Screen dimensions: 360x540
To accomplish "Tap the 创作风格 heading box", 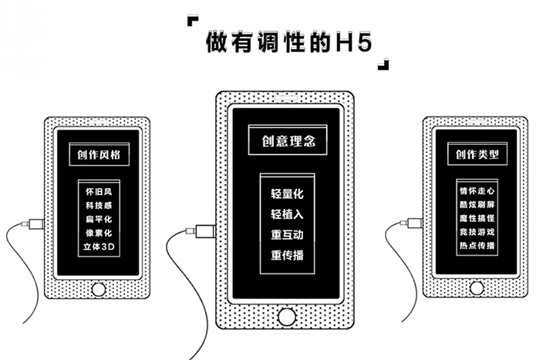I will [x=98, y=154].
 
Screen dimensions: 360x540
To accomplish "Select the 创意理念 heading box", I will [x=287, y=142].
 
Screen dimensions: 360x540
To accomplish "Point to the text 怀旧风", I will [x=98, y=190].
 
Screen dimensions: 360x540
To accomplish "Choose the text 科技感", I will [x=98, y=204].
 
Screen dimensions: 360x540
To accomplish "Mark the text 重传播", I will [x=287, y=254].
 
